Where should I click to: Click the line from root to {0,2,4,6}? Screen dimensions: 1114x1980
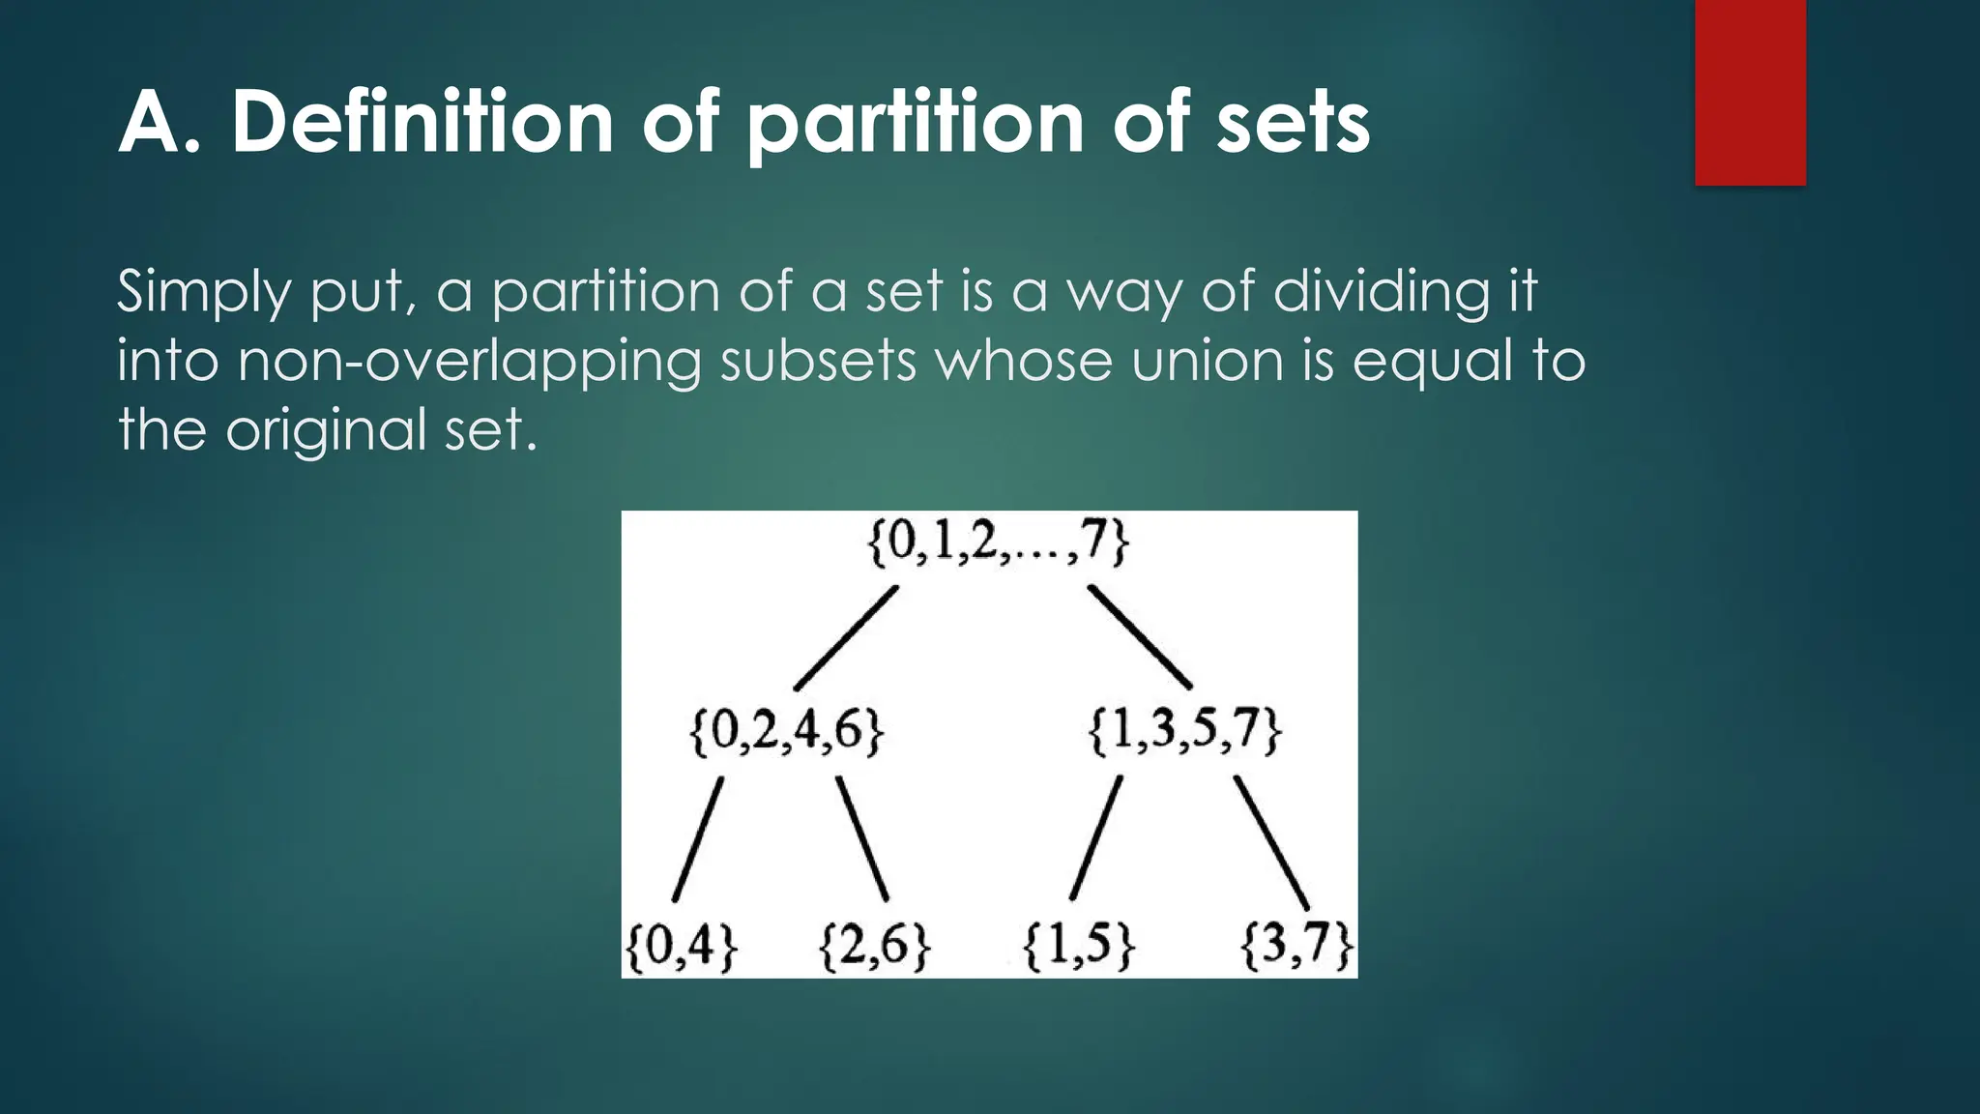point(846,638)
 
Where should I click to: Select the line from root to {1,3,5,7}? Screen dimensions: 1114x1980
point(1140,637)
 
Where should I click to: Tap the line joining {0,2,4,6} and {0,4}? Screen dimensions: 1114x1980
point(698,839)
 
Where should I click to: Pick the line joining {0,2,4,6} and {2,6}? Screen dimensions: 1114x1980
point(862,838)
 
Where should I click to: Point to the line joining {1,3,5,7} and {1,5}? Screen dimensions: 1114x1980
point(1096,837)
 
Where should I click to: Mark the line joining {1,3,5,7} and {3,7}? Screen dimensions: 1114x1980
point(1271,842)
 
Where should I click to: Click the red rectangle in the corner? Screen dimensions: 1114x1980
point(1750,92)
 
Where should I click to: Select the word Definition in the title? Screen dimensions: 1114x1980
point(423,123)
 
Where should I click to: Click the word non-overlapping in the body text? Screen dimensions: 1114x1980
point(469,362)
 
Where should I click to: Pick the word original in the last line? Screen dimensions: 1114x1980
point(326,429)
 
